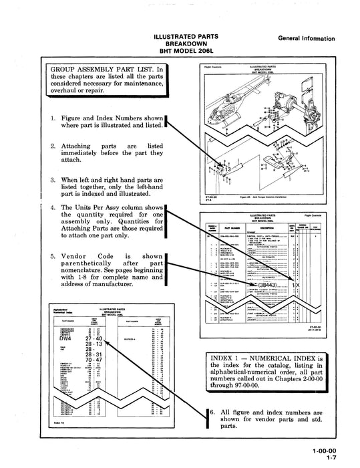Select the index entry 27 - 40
click(x=94, y=338)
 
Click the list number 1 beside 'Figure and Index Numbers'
click(x=53, y=118)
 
